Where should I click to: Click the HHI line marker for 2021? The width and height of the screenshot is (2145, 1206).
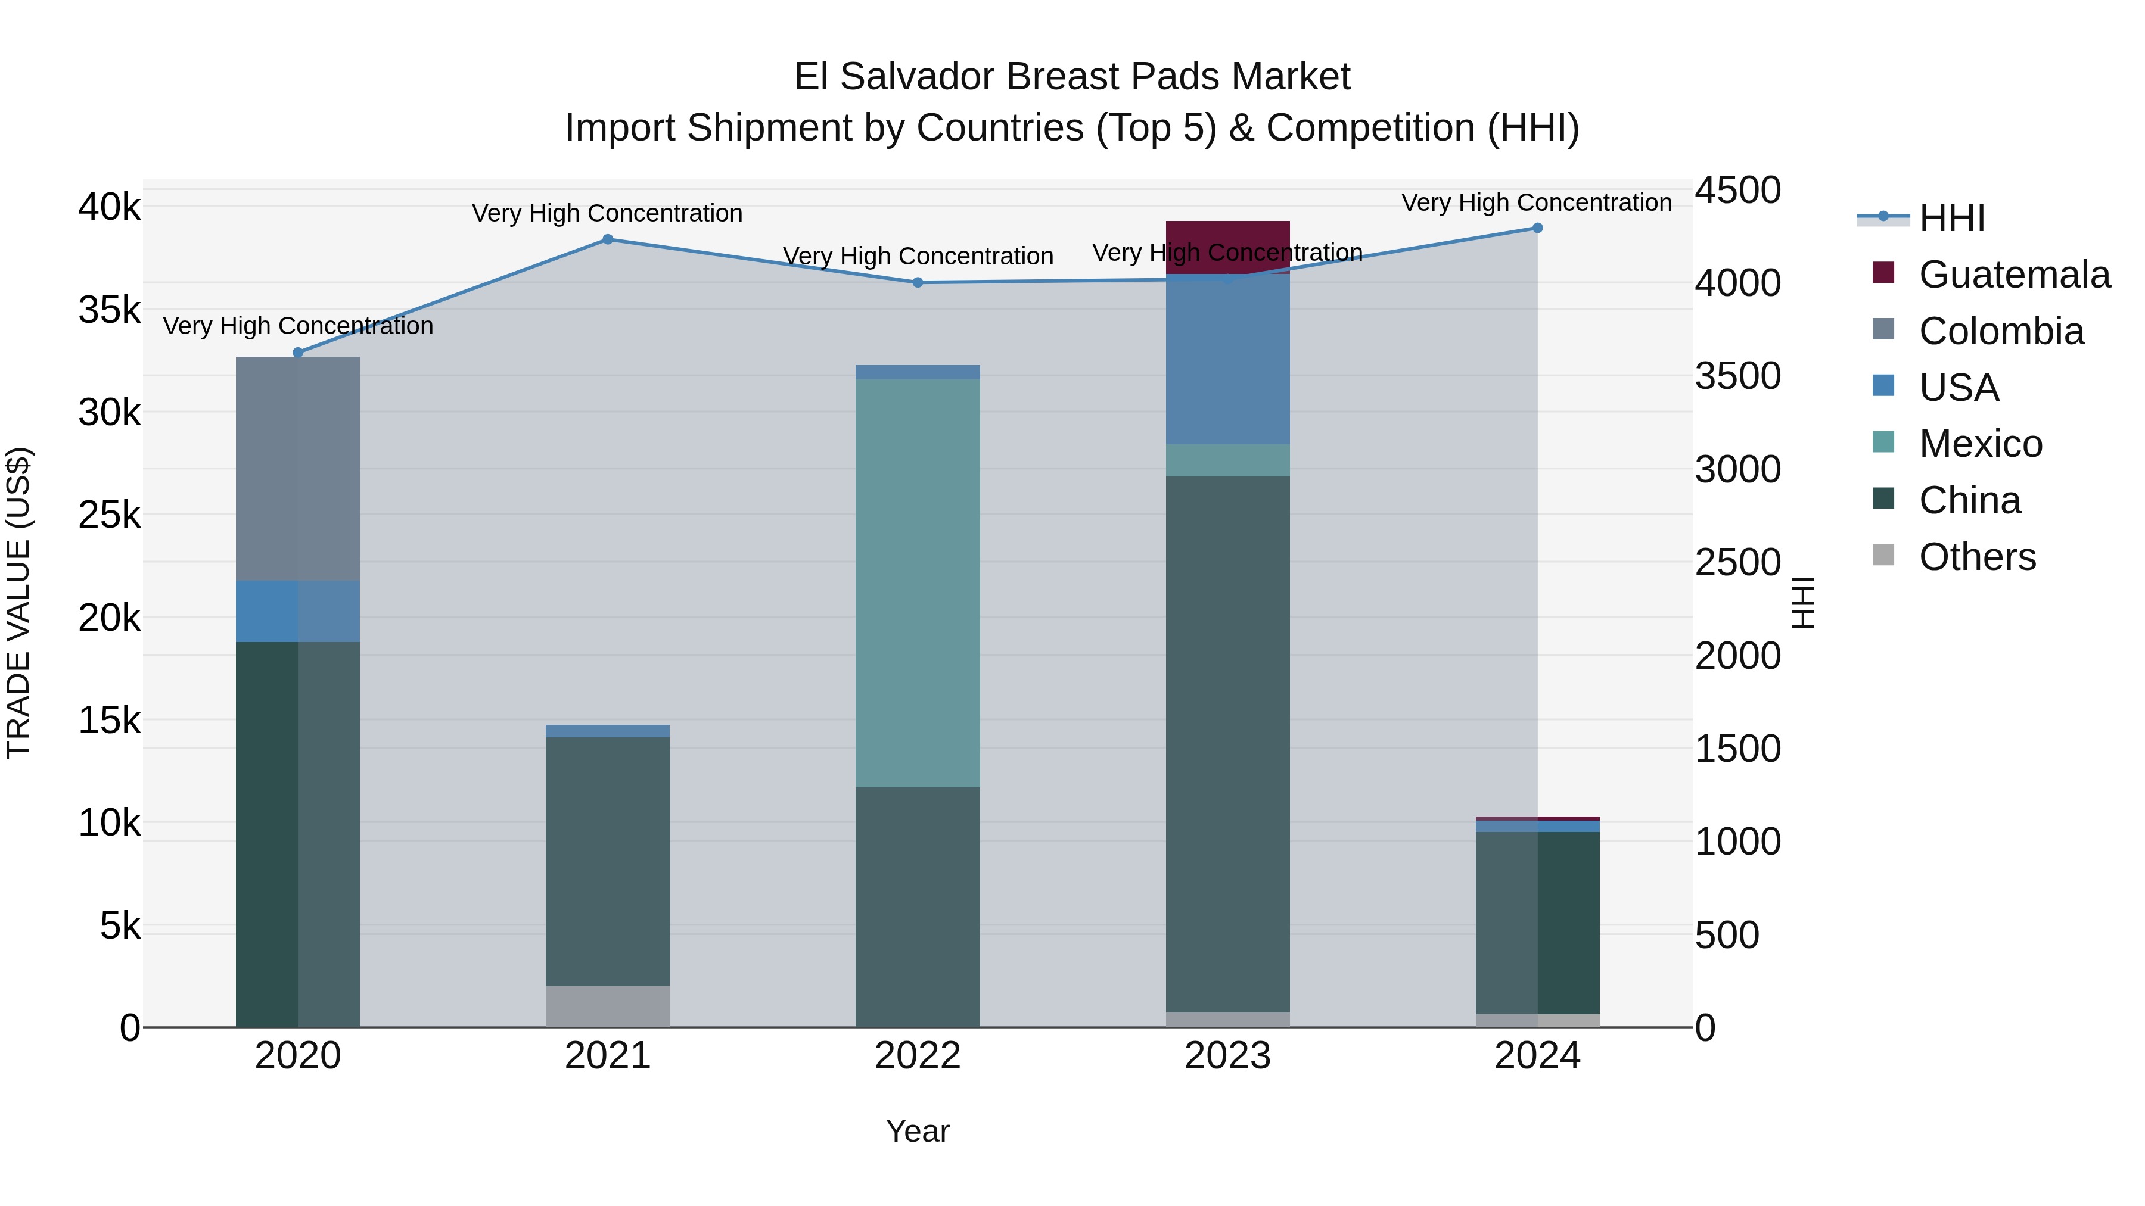point(607,239)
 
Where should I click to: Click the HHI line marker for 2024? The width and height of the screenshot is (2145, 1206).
point(1537,228)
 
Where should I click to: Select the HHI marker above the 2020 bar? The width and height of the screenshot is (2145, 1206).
point(298,353)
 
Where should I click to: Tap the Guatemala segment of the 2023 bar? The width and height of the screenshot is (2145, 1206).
point(1227,247)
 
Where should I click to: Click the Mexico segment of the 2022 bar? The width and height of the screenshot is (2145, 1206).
point(918,582)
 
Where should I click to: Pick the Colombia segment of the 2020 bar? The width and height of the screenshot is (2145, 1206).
point(298,469)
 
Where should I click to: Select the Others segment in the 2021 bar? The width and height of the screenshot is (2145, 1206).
point(607,1006)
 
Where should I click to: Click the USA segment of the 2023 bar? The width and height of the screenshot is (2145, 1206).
point(1227,360)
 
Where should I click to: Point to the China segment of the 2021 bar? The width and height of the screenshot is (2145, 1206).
point(607,861)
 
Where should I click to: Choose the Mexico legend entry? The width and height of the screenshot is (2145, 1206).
point(1980,444)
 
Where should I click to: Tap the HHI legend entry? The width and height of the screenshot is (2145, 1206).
point(1951,218)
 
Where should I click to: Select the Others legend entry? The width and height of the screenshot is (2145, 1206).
point(1977,557)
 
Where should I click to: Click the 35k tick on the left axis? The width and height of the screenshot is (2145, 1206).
point(110,310)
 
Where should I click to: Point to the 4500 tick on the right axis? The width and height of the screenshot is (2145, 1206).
point(1738,190)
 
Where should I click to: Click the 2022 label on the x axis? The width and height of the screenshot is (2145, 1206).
point(918,1056)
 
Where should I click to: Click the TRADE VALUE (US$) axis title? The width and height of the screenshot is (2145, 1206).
point(19,603)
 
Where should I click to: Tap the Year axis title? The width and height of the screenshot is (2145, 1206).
point(918,1131)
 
